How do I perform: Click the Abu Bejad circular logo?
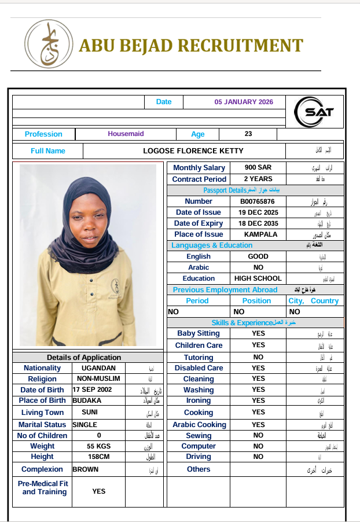tap(49, 44)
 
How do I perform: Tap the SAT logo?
tap(314, 112)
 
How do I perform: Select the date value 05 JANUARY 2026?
tap(244, 102)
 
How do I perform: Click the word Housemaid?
tap(126, 134)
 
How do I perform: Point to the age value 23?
tap(248, 134)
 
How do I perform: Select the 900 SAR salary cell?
tap(257, 168)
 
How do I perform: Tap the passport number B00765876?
tap(257, 201)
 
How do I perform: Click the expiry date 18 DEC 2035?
tap(257, 223)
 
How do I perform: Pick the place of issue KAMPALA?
tap(257, 234)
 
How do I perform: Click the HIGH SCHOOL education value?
tap(258, 278)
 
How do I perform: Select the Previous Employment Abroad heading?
tap(225, 290)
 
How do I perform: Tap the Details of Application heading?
tap(84, 357)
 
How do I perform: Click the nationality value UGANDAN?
tap(94, 368)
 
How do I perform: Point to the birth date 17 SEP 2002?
tap(93, 389)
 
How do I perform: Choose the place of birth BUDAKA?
tap(87, 400)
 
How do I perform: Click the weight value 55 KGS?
tap(98, 446)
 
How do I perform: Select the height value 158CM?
tap(98, 457)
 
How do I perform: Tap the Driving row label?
tap(199, 457)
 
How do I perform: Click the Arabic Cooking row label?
tap(199, 425)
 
